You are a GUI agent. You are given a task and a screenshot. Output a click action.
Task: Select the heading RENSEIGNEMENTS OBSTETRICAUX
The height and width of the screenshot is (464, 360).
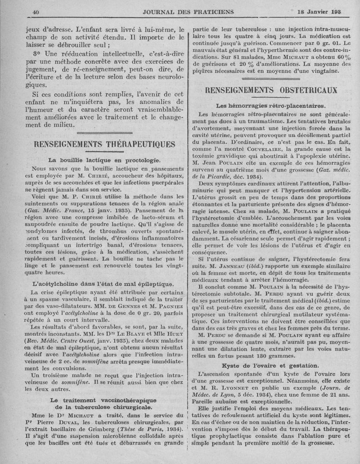(x=271, y=90)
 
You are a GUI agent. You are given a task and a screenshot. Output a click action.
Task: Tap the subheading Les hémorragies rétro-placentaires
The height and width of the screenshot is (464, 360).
(x=271, y=106)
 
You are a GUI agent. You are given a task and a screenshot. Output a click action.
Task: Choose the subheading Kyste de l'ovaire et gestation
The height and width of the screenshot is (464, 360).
(x=270, y=365)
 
